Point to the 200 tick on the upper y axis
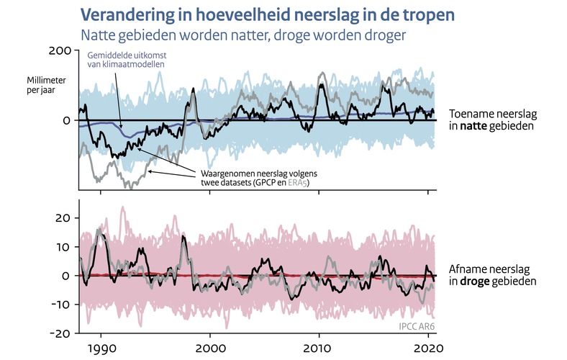(60, 50)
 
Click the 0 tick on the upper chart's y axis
(65, 120)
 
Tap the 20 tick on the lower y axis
(63, 217)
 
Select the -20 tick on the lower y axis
(60, 334)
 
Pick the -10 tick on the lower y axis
(60, 305)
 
